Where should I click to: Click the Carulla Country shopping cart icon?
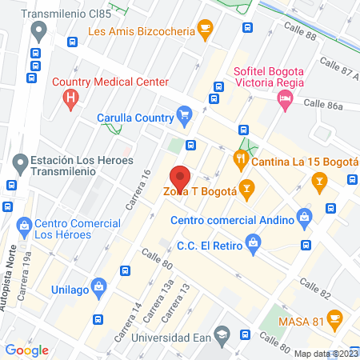tap(185, 114)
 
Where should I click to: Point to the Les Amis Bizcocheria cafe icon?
tap(205, 31)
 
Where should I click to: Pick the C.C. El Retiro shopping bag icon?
tap(253, 242)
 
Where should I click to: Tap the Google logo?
tap(27, 350)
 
